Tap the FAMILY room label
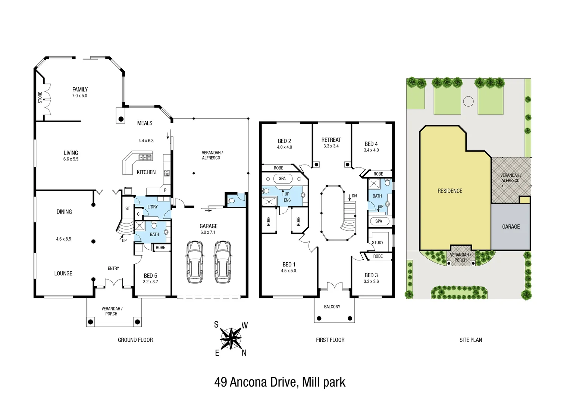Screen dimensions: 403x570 80,90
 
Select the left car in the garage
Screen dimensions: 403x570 194,261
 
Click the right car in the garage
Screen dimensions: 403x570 223,261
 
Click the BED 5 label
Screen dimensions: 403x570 150,276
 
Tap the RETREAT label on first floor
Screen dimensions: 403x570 331,140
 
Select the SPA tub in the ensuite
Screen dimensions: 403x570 282,179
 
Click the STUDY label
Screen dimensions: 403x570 378,243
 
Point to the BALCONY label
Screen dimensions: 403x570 332,307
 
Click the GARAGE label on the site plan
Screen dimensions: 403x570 511,227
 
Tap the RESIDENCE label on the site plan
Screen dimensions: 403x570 450,191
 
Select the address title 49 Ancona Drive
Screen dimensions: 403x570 280,382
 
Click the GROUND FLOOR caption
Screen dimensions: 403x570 135,340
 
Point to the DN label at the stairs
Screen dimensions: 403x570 354,196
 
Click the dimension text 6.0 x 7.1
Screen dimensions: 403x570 208,232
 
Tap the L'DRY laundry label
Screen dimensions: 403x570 152,207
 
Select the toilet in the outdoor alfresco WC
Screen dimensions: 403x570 231,201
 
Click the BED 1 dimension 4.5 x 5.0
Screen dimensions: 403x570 288,271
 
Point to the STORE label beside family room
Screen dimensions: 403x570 40,97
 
